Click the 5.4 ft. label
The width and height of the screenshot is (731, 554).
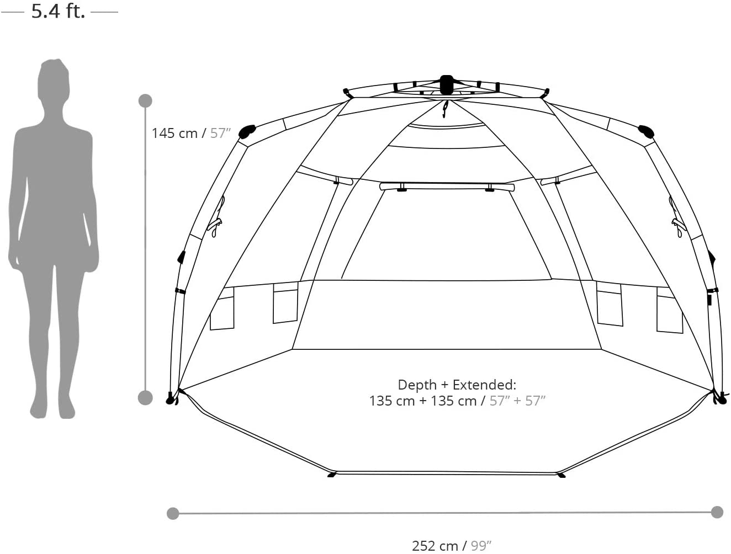[x=59, y=12]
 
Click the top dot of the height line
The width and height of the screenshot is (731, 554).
[x=145, y=101]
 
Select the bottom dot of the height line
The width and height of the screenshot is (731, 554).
[x=145, y=398]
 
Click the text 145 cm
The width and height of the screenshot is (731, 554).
[x=174, y=134]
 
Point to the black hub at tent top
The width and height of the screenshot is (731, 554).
[x=447, y=84]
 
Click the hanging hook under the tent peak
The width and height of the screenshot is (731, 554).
[x=445, y=109]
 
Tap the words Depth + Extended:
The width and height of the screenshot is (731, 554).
[x=457, y=385]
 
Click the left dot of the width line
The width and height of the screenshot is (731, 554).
[x=173, y=513]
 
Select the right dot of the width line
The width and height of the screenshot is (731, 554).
[x=717, y=512]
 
